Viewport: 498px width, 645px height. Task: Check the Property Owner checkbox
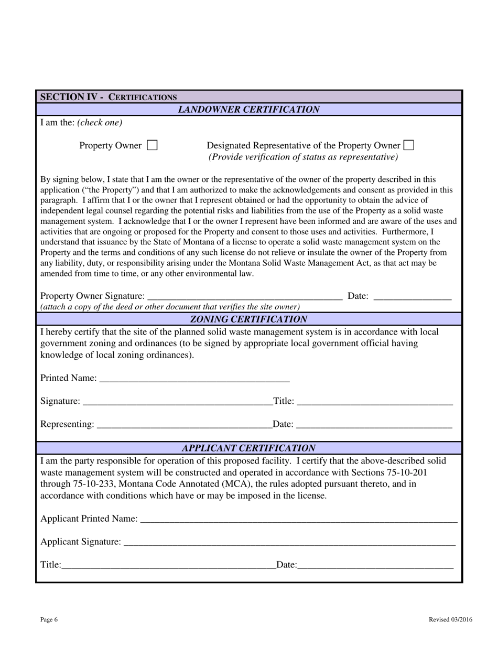[x=152, y=145]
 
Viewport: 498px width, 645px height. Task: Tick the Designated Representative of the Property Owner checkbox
[x=408, y=145]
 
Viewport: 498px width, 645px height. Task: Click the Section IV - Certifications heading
[x=109, y=97]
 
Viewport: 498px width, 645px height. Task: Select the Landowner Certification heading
[x=249, y=110]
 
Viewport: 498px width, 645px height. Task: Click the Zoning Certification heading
[x=249, y=319]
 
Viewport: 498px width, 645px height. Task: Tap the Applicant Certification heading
[x=249, y=448]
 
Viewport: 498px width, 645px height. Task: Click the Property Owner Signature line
[x=245, y=297]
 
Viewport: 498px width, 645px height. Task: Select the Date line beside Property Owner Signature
[x=413, y=297]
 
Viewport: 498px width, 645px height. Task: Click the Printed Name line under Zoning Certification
[x=194, y=379]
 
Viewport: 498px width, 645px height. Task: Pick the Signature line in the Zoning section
[x=177, y=402]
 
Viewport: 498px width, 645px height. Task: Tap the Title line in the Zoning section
[x=374, y=402]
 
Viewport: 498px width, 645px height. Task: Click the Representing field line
[x=185, y=425]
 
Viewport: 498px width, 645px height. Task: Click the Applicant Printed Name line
[x=299, y=519]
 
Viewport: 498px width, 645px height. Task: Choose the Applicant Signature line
[x=289, y=542]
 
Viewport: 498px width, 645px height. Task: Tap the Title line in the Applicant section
[x=168, y=565]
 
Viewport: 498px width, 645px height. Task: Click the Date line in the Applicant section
[x=375, y=565]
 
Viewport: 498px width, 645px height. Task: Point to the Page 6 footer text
[x=49, y=620]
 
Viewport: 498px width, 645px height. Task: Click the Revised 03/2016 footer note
[x=450, y=620]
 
